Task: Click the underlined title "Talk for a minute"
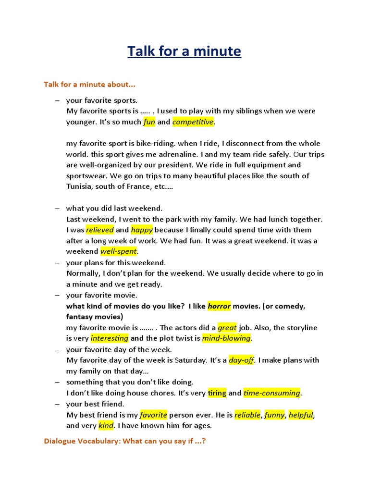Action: click(184, 51)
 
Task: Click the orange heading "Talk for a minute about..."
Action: click(89, 85)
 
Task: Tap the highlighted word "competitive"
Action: click(193, 122)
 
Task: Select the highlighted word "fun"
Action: click(149, 122)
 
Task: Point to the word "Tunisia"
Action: click(79, 186)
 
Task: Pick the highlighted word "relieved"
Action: click(100, 230)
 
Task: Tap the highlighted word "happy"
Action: click(142, 230)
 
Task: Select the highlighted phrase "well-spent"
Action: click(119, 251)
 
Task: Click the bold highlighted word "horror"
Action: click(219, 306)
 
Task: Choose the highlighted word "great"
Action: click(227, 328)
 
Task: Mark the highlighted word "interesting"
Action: click(110, 338)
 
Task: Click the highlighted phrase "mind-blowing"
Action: click(226, 338)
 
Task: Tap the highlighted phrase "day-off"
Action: click(241, 360)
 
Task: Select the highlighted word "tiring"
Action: click(217, 393)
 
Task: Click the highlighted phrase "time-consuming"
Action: click(271, 393)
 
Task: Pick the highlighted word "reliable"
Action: click(247, 415)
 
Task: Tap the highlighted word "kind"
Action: click(105, 425)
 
